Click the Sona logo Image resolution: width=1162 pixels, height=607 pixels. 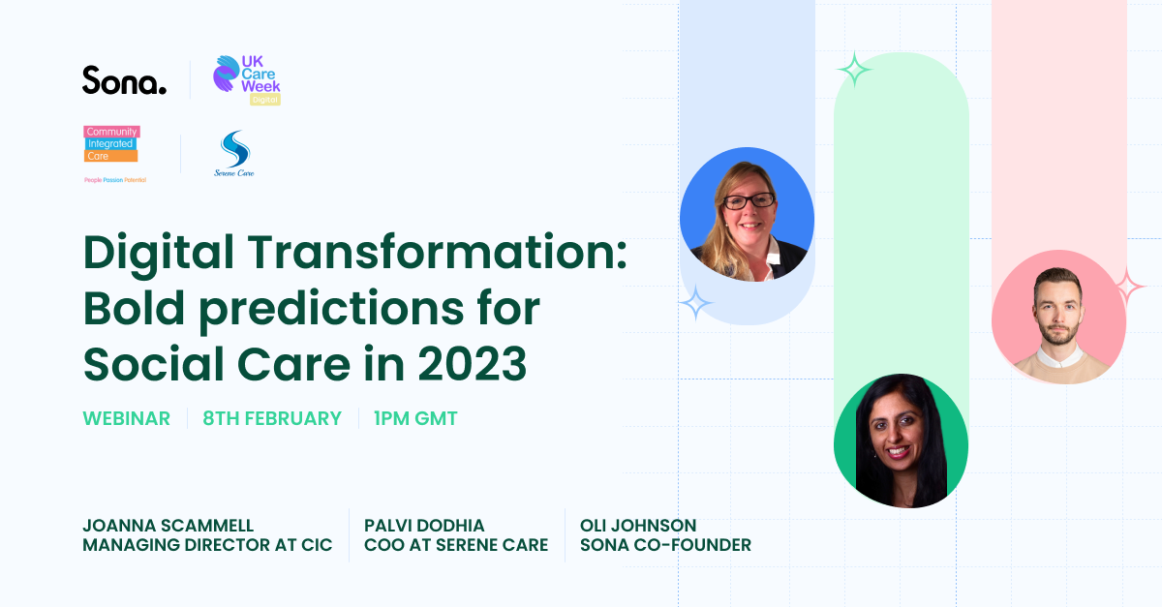pos(125,80)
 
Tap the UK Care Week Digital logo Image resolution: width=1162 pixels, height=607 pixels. pos(247,80)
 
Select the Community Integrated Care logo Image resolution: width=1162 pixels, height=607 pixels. pos(115,155)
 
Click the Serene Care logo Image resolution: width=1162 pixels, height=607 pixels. pos(234,154)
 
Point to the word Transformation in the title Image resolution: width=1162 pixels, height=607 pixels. pos(437,253)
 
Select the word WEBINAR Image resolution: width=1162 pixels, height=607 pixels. pos(127,418)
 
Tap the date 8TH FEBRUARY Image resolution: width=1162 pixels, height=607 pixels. pos(272,418)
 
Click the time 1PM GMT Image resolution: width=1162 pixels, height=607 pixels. pos(415,418)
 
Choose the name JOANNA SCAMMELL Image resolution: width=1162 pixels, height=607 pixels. pos(168,526)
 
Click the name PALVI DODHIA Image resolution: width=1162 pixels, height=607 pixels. pos(424,526)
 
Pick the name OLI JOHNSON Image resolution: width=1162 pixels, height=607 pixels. pos(638,526)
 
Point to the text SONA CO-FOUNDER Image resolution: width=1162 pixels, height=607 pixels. pos(665,545)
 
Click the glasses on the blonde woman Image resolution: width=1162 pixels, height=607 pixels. pos(749,200)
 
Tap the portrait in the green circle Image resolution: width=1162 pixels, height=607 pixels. pos(902,440)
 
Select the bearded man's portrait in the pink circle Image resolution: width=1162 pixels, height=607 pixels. pos(1058,317)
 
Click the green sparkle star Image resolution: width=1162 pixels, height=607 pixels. pos(854,69)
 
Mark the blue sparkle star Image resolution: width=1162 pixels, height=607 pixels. pos(695,302)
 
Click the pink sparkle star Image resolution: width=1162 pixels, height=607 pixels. pos(1127,287)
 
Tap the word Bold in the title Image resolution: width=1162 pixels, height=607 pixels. pos(134,309)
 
